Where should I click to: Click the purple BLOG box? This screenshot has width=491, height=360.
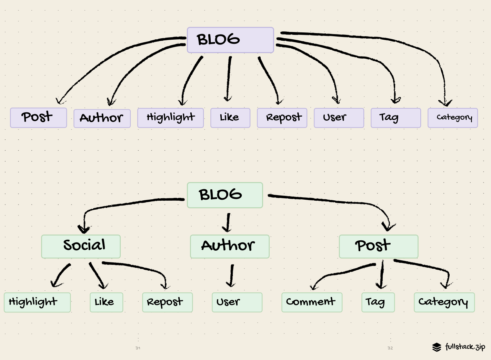coord(230,40)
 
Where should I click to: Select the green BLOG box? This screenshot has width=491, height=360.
coord(225,195)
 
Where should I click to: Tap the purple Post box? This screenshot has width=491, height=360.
coord(38,118)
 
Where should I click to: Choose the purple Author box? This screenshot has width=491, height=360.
coord(102,118)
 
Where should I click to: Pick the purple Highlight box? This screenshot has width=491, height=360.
coord(170,118)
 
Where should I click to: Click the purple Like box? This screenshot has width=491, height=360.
coord(230,118)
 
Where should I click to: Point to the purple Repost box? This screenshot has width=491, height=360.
coord(282,118)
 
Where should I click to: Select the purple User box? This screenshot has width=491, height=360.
coord(339,118)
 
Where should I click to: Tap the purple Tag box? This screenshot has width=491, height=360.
coord(395,118)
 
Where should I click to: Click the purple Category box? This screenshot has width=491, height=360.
coord(452,118)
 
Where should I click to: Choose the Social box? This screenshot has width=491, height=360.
coord(81,246)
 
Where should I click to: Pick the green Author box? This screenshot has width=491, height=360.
coord(229,246)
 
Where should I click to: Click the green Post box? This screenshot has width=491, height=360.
coord(378,246)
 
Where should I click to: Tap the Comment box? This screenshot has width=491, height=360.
coord(312,302)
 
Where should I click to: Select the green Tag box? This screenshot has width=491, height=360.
coord(378,302)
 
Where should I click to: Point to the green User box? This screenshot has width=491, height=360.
coord(237,302)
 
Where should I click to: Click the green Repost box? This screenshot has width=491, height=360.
coord(167,302)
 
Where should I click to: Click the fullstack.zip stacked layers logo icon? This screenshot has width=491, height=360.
coord(437,347)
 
